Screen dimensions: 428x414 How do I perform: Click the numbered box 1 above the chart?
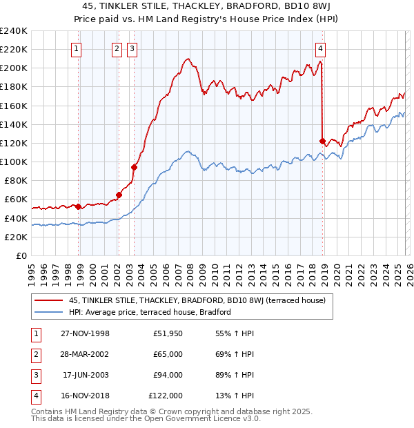[75, 48]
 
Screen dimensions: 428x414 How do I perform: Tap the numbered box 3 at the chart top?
[131, 48]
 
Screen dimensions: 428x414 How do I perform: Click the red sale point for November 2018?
[322, 141]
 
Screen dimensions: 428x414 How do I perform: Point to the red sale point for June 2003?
[135, 166]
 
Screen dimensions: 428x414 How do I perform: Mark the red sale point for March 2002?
[119, 195]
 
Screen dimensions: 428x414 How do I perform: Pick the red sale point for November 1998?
[79, 206]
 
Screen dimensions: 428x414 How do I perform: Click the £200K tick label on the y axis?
[14, 68]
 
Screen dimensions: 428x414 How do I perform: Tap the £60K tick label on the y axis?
[15, 200]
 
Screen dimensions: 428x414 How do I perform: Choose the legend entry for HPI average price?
[149, 312]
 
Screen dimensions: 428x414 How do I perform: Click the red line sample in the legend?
[49, 300]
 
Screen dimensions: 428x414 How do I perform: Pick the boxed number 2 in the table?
[34, 354]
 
